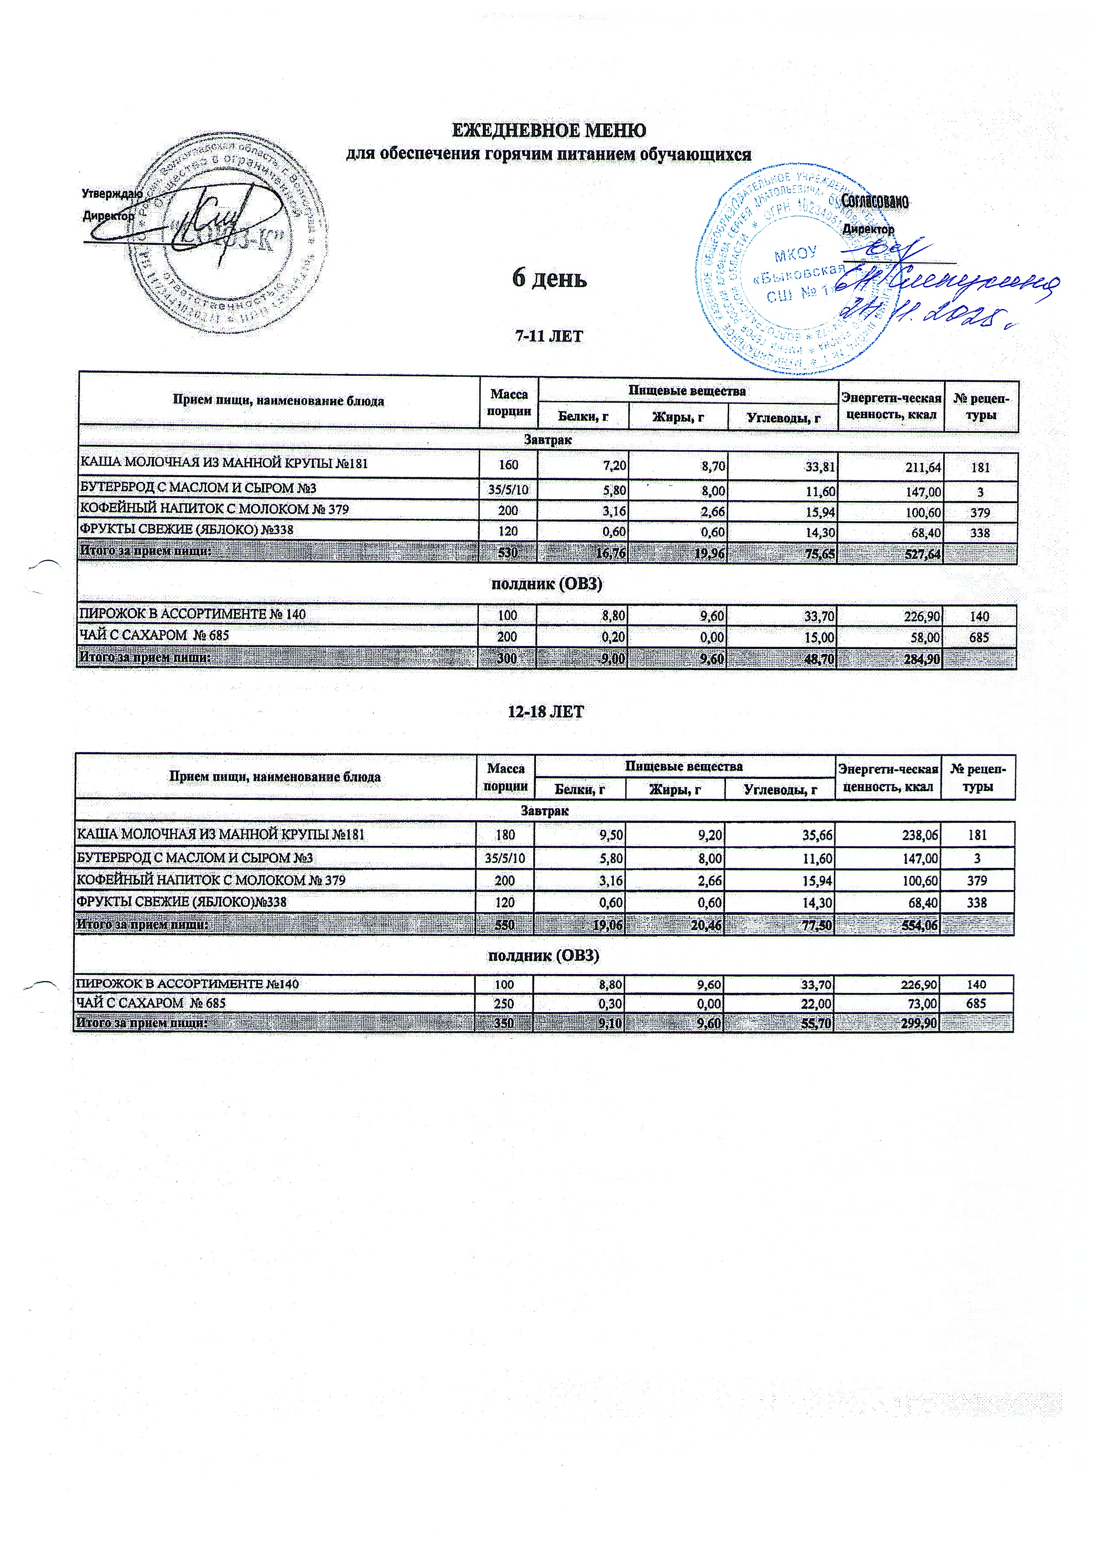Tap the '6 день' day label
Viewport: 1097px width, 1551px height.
click(549, 278)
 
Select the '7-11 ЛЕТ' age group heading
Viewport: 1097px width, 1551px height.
click(548, 336)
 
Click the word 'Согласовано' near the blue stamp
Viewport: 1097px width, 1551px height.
click(874, 201)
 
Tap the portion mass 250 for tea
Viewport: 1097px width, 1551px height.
click(505, 1003)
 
